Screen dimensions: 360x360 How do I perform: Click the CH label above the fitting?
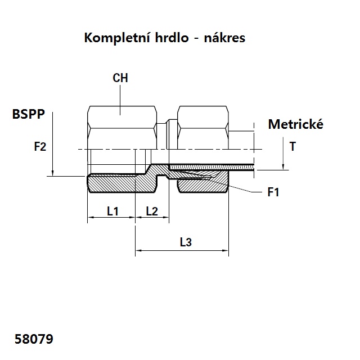coord(120,78)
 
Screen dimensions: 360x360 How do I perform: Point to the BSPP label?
coord(29,114)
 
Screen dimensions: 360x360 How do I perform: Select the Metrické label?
coord(295,124)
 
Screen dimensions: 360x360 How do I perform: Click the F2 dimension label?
coord(40,147)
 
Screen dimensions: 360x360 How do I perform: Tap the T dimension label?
coord(292,147)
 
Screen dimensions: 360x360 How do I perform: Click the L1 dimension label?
coord(112,211)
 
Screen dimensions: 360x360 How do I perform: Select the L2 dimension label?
coord(152,211)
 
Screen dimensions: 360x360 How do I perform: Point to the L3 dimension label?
coord(186,243)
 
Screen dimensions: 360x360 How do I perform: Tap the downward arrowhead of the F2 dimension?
coord(52,172)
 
